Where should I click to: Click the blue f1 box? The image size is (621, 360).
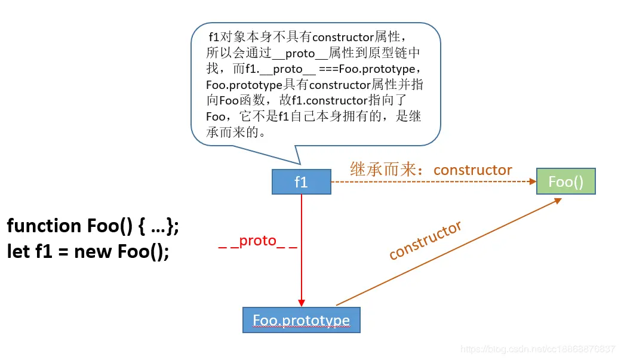pyautogui.click(x=301, y=181)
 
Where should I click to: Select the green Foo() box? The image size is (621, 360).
pyautogui.click(x=565, y=181)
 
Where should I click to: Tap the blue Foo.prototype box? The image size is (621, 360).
pyautogui.click(x=301, y=320)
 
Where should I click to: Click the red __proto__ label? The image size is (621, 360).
pyautogui.click(x=257, y=241)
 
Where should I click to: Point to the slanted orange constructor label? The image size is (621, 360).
pyautogui.click(x=425, y=241)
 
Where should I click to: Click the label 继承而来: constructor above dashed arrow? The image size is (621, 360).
pyautogui.click(x=431, y=170)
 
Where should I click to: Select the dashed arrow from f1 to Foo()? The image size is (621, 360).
pyautogui.click(x=430, y=182)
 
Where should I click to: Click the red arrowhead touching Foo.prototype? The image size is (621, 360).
pyautogui.click(x=302, y=303)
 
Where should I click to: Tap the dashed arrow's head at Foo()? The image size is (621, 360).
pyautogui.click(x=532, y=182)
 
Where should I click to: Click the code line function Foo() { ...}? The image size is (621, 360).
pyautogui.click(x=93, y=226)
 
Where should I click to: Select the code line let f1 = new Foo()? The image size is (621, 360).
pyautogui.click(x=88, y=251)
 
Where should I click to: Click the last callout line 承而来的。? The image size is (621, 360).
pyautogui.click(x=235, y=131)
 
